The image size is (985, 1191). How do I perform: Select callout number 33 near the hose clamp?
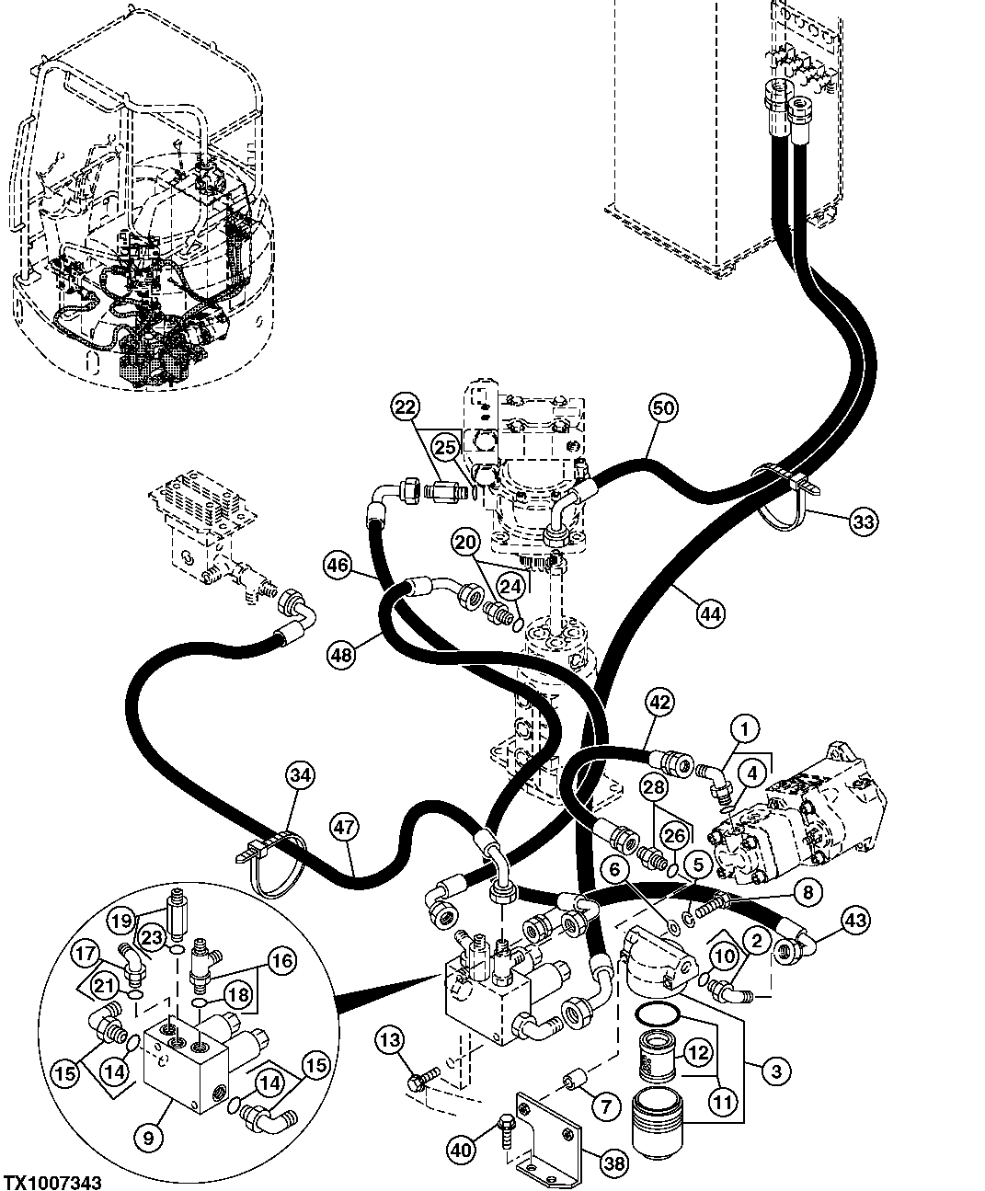pyautogui.click(x=863, y=522)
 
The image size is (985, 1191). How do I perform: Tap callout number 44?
pyautogui.click(x=709, y=613)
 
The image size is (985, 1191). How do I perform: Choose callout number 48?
pyautogui.click(x=341, y=653)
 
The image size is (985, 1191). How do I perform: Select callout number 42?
pyautogui.click(x=659, y=702)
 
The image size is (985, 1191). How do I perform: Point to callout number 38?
pyautogui.click(x=613, y=1163)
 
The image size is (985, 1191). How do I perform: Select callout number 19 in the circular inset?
pyautogui.click(x=120, y=920)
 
